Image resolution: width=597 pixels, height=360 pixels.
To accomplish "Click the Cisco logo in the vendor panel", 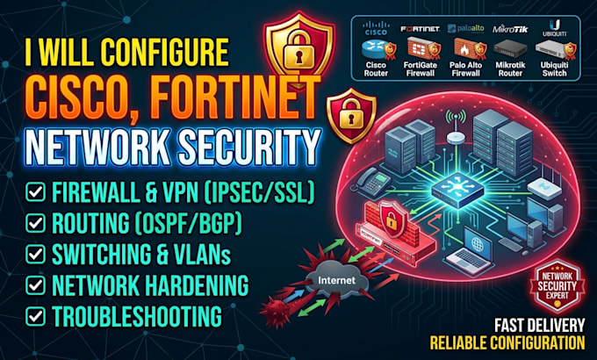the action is (376, 28).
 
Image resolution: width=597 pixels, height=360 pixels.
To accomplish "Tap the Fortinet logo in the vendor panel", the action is (420, 29).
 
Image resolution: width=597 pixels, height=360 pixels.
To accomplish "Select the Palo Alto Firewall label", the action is (465, 69).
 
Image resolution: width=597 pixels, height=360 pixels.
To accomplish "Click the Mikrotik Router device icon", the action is (510, 49).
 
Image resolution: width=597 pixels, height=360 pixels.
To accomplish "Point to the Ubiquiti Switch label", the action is (554, 69).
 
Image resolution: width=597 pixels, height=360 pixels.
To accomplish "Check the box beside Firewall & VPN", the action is (36, 191).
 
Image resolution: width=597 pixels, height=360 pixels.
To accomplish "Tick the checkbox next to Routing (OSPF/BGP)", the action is (36, 223).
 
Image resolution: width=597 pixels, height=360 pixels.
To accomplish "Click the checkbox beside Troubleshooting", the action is (36, 316).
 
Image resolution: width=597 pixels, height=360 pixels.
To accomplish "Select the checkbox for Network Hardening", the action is (36, 285).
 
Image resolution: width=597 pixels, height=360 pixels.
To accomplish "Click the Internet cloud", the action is (336, 280).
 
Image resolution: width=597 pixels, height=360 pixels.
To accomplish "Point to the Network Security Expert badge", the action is (557, 285).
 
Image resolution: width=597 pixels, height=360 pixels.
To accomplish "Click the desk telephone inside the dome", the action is (370, 182).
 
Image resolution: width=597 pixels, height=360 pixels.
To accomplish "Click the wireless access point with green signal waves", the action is (457, 127).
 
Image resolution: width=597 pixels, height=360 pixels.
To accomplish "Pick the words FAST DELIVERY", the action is (540, 326).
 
